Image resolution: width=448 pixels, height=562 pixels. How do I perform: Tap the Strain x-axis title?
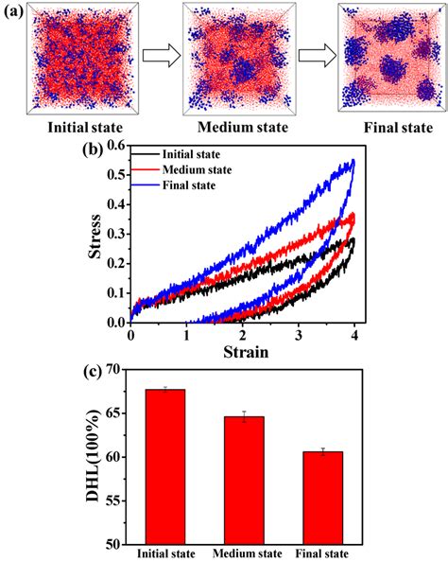tap(244, 353)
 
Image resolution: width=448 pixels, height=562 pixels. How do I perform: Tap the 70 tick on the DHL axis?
tap(122, 370)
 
